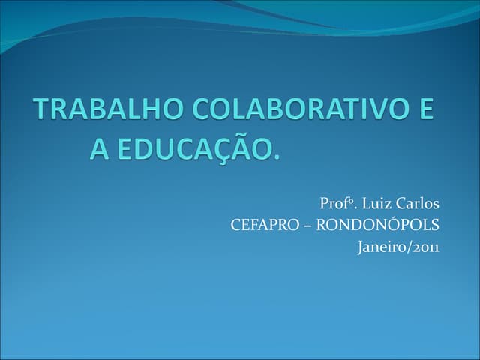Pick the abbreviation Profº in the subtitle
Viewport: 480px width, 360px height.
point(334,203)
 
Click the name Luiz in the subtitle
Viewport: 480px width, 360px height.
point(374,203)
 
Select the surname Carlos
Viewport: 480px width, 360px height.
point(416,203)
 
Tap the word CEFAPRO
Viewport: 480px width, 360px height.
point(264,224)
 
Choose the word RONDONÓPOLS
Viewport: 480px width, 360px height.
point(379,224)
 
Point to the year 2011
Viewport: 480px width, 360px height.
point(425,245)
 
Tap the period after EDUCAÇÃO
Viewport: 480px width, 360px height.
point(274,157)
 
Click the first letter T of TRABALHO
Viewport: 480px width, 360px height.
point(42,111)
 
